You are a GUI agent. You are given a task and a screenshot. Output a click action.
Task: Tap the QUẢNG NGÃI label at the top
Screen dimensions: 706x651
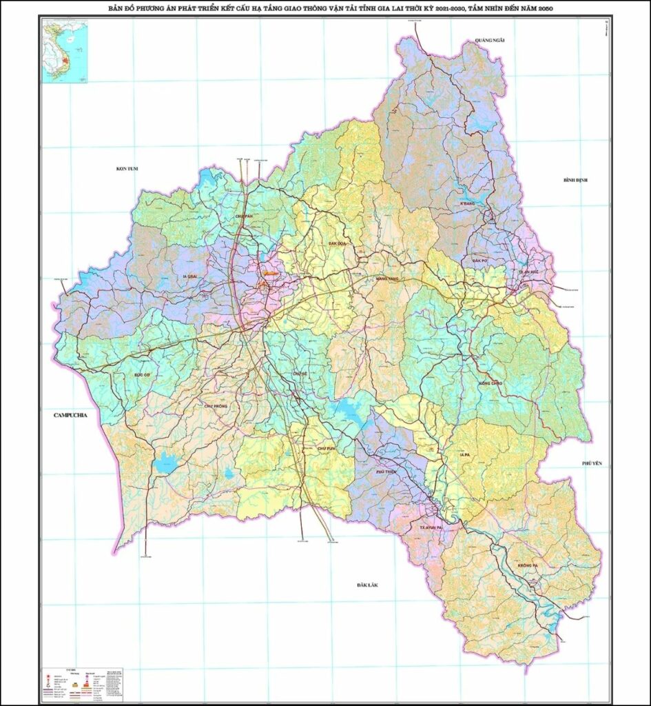point(490,41)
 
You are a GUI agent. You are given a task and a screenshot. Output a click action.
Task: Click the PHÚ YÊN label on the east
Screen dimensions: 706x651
point(592,463)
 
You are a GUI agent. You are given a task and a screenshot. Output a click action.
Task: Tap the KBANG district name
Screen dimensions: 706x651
point(470,204)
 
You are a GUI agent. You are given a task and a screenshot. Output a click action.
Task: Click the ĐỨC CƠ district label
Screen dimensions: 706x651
point(143,374)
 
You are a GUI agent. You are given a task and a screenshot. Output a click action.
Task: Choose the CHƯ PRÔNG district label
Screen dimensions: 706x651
point(215,406)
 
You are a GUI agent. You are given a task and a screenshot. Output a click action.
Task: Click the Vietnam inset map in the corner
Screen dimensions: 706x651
point(63,52)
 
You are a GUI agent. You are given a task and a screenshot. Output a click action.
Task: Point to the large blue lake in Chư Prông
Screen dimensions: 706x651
point(166,463)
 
